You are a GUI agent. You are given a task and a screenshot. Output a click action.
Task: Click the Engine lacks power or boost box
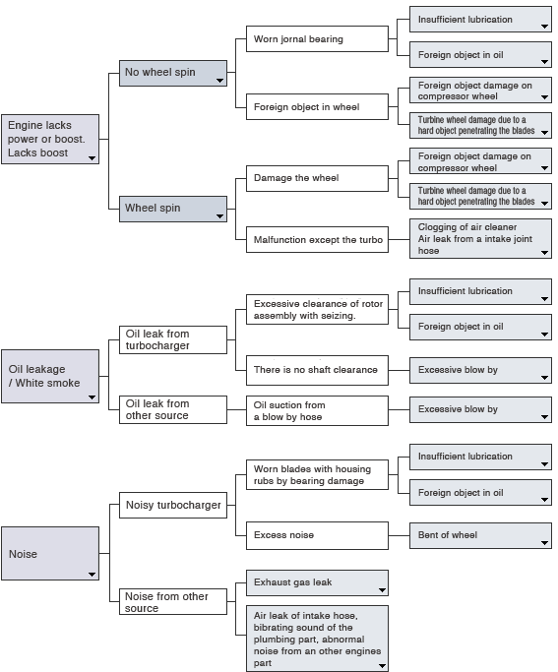(50, 139)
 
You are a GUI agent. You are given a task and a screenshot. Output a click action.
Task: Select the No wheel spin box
(173, 73)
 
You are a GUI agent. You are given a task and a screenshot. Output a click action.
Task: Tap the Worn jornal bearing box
(317, 39)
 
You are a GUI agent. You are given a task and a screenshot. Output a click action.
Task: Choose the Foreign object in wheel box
(317, 106)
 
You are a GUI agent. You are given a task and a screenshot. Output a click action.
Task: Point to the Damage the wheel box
(317, 178)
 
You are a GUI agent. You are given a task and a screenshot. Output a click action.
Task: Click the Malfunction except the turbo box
(317, 239)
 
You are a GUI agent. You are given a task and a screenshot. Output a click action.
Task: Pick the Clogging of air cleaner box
(480, 239)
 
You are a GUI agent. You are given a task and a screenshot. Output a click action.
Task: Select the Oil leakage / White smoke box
(50, 376)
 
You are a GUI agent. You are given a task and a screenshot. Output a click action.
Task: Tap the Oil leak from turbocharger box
(173, 339)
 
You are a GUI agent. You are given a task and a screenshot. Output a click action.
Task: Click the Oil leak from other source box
(173, 409)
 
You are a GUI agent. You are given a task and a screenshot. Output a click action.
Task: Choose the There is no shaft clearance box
(317, 370)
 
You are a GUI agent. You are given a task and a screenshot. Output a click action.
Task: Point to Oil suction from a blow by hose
(317, 410)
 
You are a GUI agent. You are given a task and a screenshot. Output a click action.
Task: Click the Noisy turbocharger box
(173, 505)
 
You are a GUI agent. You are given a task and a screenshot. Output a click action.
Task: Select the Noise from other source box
(173, 602)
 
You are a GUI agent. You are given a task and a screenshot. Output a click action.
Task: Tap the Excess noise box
(317, 535)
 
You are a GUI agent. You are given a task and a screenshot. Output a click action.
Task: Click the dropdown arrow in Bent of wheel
(545, 543)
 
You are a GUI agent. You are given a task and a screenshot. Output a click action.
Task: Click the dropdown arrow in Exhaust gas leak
(382, 590)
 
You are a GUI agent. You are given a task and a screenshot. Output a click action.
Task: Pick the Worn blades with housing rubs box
(317, 475)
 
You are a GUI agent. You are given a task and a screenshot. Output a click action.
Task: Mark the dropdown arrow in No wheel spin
(219, 80)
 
